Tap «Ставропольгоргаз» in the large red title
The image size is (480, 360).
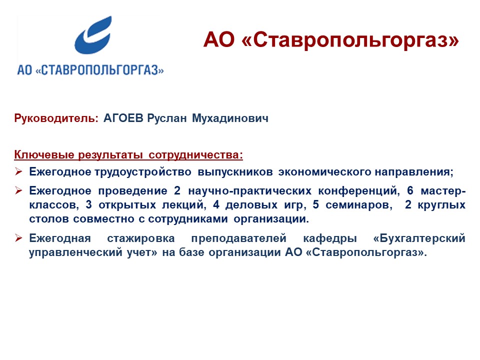pos(350,40)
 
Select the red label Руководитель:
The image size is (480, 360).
pos(56,118)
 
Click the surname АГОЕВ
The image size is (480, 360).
pos(123,118)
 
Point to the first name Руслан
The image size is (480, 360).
pos(167,118)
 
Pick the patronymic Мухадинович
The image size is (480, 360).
pos(230,118)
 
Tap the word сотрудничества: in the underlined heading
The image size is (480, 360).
pos(195,155)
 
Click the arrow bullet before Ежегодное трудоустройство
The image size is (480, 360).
pos(18,171)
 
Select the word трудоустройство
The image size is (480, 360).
pos(143,172)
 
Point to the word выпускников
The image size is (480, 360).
pos(235,172)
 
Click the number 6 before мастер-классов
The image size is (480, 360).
pos(410,190)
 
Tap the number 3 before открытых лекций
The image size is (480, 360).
pos(89,204)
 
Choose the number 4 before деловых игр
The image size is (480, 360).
pos(216,204)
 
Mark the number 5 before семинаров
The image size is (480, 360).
pos(316,204)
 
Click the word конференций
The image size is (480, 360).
pos(359,191)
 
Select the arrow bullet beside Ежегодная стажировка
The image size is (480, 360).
pos(18,237)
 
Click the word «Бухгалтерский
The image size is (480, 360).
pos(419,238)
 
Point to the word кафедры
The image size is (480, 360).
pos(330,238)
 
